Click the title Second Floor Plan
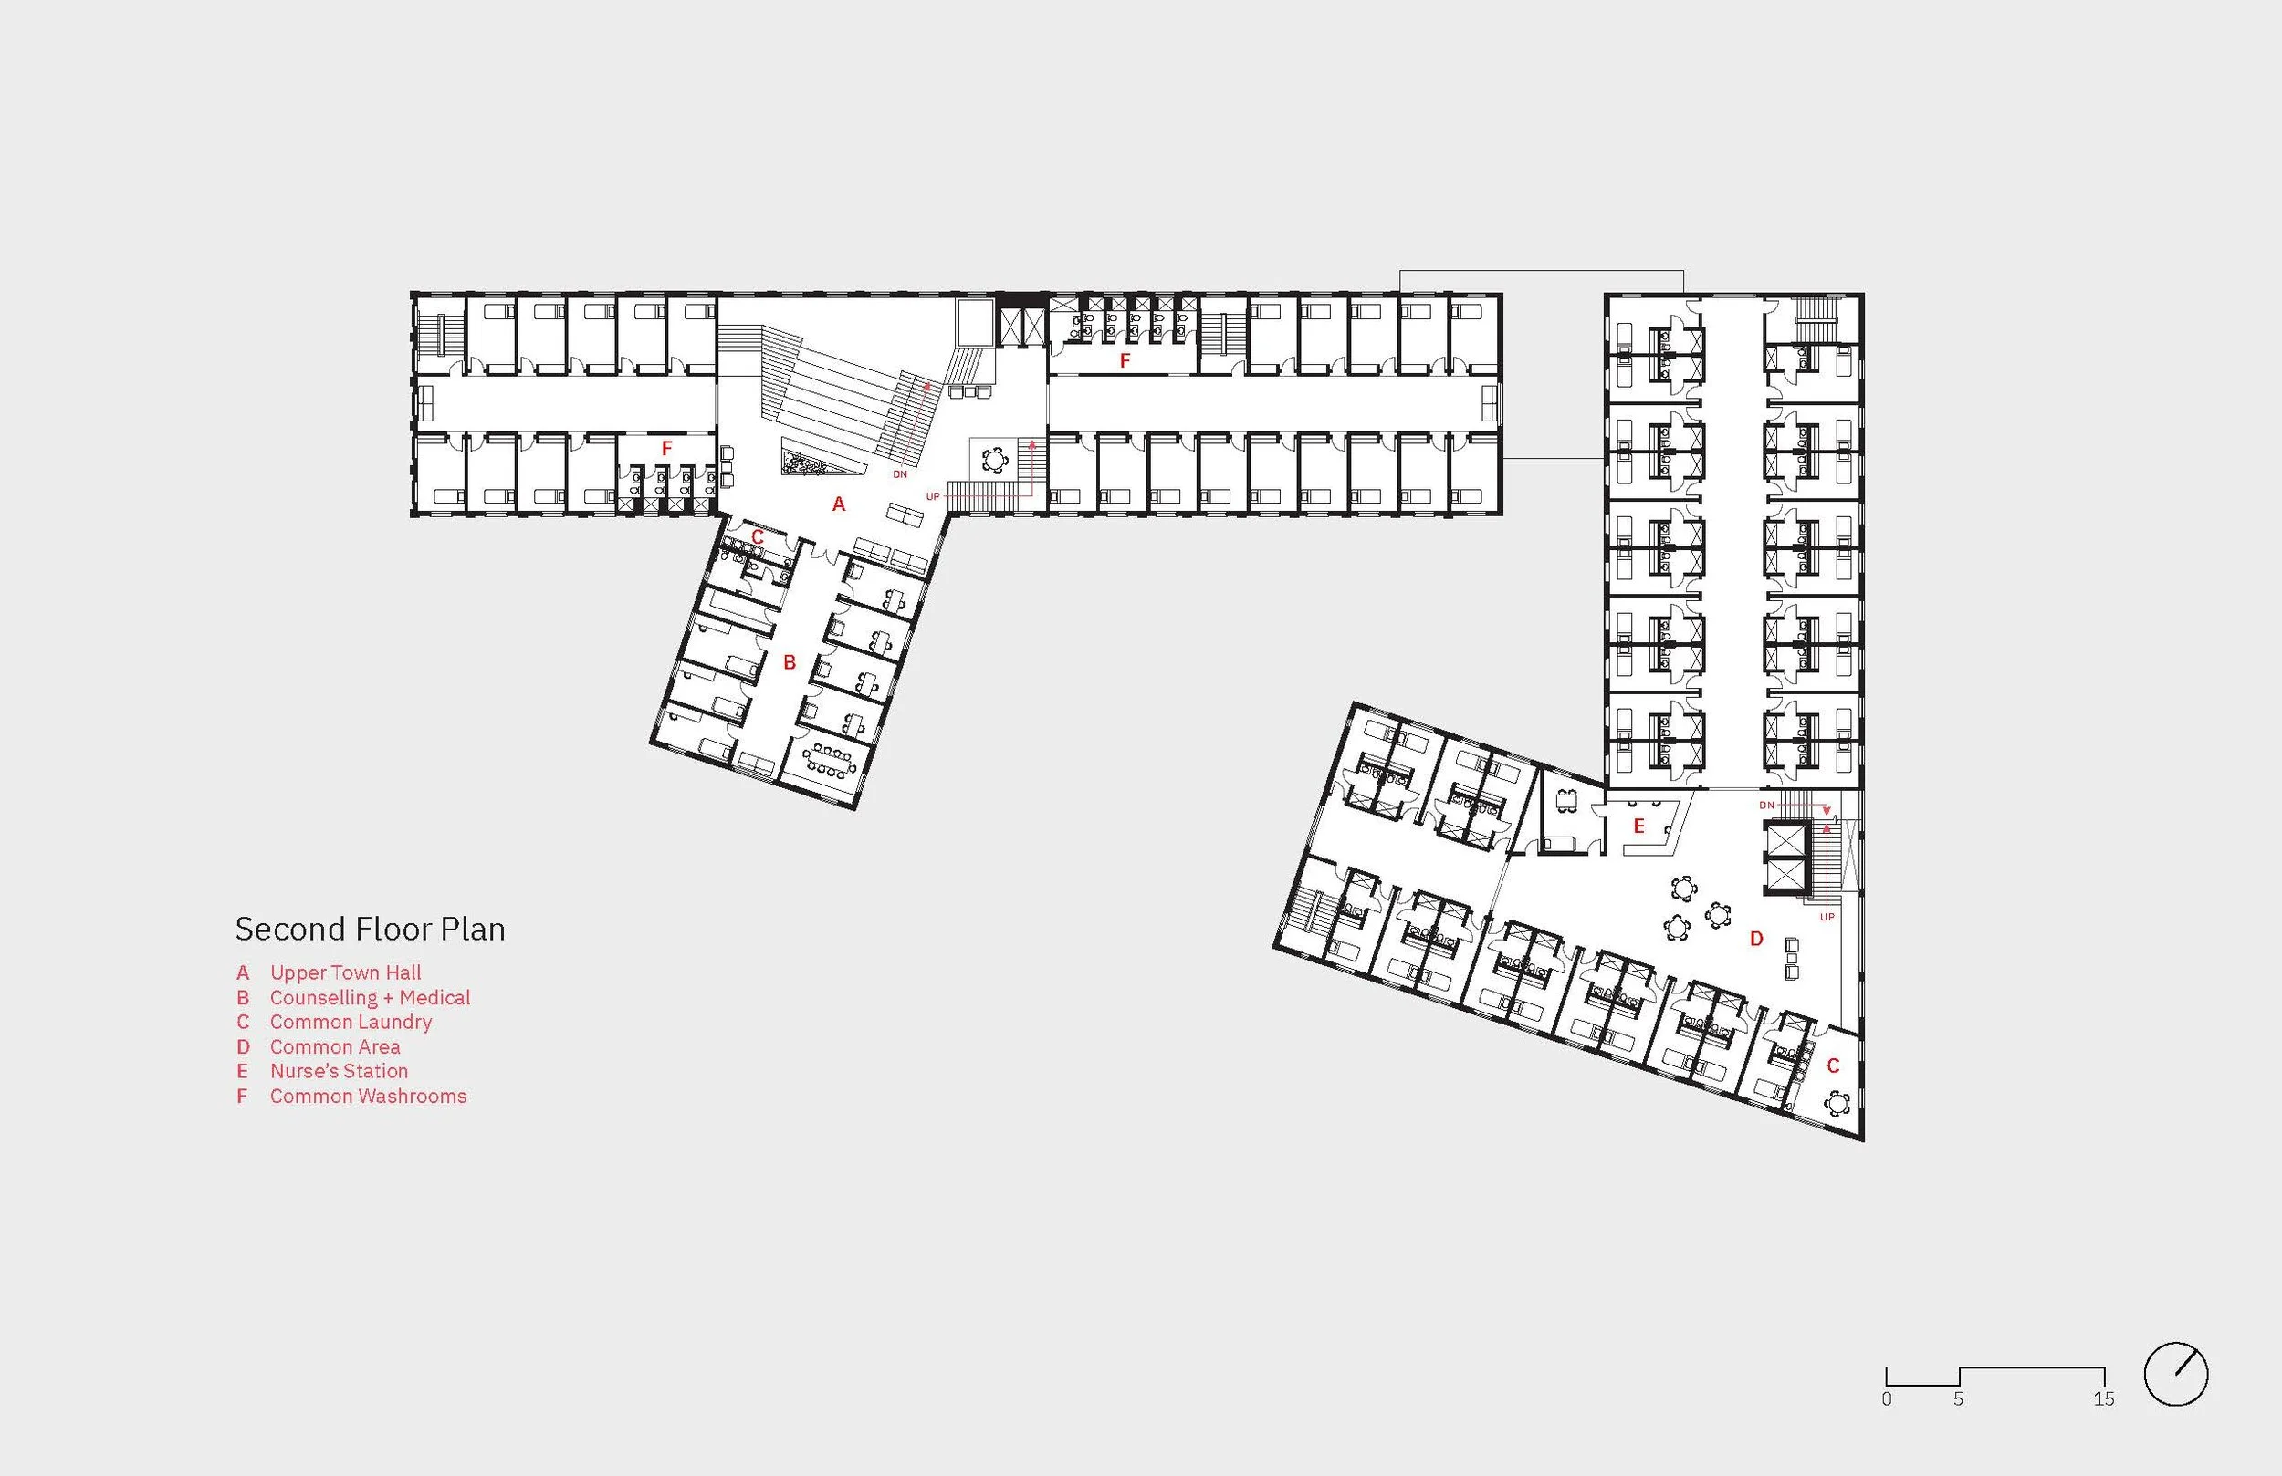point(370,929)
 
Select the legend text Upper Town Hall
point(345,972)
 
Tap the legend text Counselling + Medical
point(370,998)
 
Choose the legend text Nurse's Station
point(339,1071)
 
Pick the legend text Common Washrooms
point(368,1096)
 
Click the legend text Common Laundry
point(351,1022)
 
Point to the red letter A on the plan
point(839,504)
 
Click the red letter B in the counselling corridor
point(790,662)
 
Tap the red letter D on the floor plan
point(1756,940)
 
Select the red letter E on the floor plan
point(1638,826)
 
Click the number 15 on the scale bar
point(2104,1399)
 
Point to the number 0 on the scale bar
point(1887,1399)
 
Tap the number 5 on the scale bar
point(1958,1399)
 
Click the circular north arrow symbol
point(2176,1375)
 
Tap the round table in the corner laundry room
point(1837,1104)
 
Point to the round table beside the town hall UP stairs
point(995,461)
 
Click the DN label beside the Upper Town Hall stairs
point(899,474)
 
